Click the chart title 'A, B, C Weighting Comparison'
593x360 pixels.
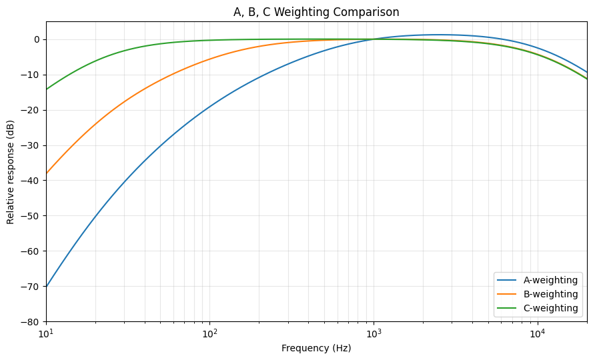316,12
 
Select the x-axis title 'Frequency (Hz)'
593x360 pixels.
316,348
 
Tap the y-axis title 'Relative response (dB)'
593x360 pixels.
11,171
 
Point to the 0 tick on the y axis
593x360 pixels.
37,39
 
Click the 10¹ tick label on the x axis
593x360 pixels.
46,333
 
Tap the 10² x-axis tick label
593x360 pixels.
209,333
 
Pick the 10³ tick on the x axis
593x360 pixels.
374,333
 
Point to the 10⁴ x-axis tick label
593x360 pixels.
537,333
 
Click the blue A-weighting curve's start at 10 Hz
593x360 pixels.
47,287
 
